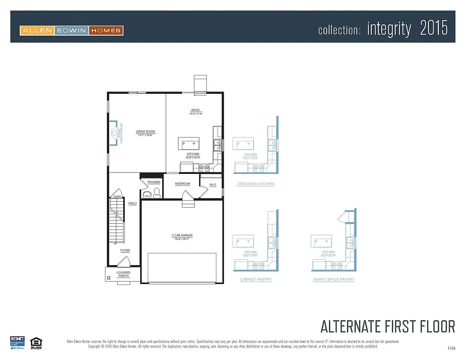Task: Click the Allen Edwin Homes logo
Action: pos(71,31)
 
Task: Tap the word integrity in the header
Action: pos(389,29)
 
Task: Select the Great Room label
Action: pos(145,132)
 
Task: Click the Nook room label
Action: pos(195,110)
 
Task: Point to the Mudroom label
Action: pos(182,184)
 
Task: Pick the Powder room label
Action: pos(154,182)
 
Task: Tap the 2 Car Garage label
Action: pos(182,235)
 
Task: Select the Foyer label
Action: pos(125,251)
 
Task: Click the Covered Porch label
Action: pos(123,274)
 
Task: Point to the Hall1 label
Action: pos(133,203)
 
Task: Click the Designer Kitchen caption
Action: pos(256,184)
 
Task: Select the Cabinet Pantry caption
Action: pos(256,279)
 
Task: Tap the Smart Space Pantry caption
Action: pos(334,279)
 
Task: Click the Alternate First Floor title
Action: pos(387,326)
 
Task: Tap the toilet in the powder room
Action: pos(147,194)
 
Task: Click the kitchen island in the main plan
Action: pos(188,142)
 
